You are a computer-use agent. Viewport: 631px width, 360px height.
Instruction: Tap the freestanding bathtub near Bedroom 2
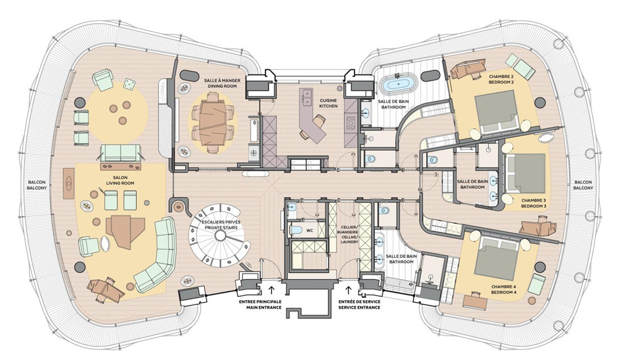(398, 85)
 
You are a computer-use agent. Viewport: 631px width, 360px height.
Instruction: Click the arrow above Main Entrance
(271, 289)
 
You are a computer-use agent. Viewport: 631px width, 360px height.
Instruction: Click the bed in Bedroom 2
(497, 111)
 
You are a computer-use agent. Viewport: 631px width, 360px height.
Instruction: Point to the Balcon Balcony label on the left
(37, 184)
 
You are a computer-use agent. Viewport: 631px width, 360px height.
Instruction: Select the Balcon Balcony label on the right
(583, 184)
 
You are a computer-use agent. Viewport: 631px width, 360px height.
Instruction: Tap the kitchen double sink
(308, 96)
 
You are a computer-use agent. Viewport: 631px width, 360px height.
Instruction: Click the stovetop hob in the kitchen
(350, 122)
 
